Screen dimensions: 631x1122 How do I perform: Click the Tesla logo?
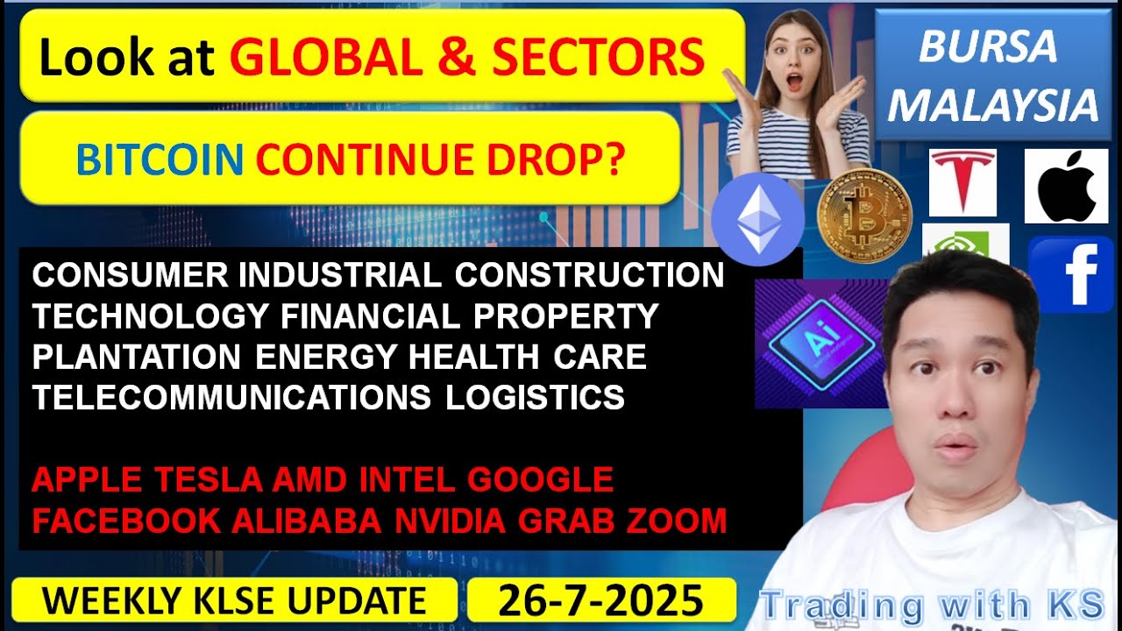[962, 181]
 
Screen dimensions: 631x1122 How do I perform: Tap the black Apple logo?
[1066, 186]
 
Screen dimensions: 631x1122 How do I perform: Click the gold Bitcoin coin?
[864, 216]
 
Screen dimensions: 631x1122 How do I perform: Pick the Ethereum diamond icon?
[757, 219]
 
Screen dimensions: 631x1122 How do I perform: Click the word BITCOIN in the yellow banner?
[160, 160]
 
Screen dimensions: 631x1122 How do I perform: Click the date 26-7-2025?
[601, 600]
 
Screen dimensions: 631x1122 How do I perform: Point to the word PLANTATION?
[137, 357]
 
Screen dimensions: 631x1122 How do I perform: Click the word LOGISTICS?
[535, 397]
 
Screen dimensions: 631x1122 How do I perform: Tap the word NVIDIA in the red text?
[450, 521]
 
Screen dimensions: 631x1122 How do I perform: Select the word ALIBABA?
[307, 521]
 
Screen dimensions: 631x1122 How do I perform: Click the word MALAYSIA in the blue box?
[998, 106]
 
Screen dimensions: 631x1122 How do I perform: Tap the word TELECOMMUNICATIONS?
[231, 397]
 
